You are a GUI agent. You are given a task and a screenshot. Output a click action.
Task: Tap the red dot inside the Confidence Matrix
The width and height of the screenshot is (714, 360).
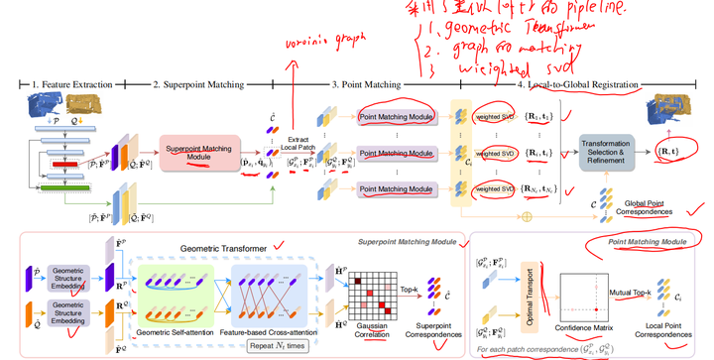point(596,310)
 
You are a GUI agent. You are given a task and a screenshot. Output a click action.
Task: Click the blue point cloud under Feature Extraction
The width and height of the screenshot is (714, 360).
point(44,103)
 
